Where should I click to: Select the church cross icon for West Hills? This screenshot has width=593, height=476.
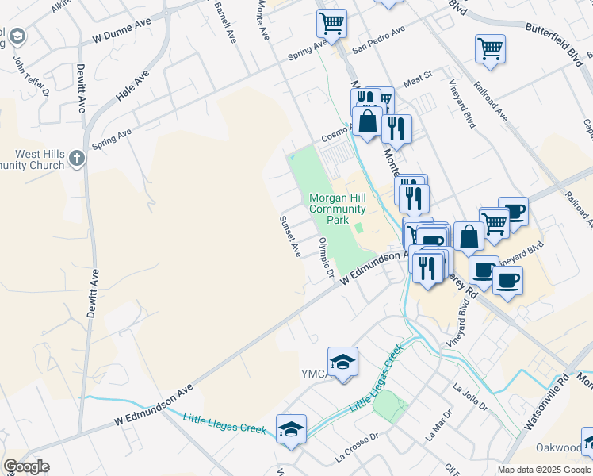coord(76,159)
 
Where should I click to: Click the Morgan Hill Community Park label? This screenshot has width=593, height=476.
coord(337,208)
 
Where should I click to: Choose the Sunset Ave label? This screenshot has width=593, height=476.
coord(290,236)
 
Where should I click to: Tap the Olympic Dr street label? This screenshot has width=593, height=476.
coord(325,258)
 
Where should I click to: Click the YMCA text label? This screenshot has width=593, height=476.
coord(316,373)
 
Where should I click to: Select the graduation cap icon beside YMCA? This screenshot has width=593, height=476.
coord(342,363)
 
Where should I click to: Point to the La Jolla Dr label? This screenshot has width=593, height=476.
coord(469,397)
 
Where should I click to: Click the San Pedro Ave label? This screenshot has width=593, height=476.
coord(379,38)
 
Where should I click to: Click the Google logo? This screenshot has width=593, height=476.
coord(25,466)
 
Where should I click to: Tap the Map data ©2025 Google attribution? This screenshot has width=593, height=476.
coord(544,470)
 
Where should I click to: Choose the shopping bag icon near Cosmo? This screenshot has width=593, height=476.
coord(367,122)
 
